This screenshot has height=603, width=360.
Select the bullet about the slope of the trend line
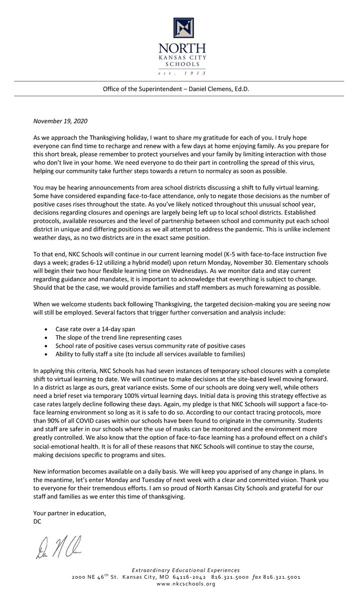118,338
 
